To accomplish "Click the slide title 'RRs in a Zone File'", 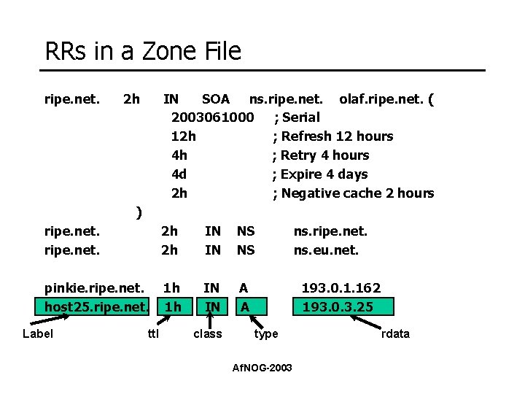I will (143, 51).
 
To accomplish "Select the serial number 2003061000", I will (212, 117).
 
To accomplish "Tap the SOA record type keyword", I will (215, 98).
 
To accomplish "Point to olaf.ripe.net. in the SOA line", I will (381, 98).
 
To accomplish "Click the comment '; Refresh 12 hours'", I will (332, 136).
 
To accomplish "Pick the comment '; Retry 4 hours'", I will (321, 155).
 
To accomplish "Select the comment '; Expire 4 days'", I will (320, 174).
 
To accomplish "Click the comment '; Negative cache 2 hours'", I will (353, 193).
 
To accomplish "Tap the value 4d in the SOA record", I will (179, 174).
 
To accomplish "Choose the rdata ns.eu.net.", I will (326, 250).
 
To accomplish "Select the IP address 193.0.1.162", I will (341, 288).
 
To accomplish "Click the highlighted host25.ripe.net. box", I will (97, 306).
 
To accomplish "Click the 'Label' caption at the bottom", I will (39, 333).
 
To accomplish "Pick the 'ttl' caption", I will (153, 333).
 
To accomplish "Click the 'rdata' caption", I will (395, 333).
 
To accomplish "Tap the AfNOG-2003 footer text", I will (262, 367).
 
